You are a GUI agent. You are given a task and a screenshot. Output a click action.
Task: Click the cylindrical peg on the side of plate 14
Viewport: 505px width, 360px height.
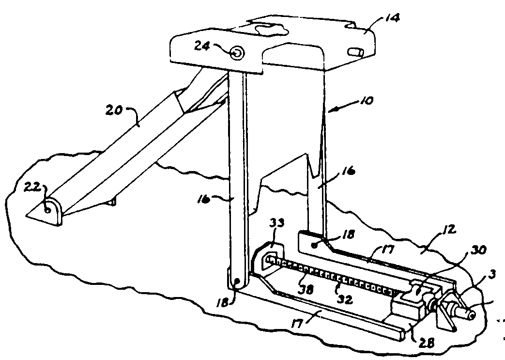coord(355,51)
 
